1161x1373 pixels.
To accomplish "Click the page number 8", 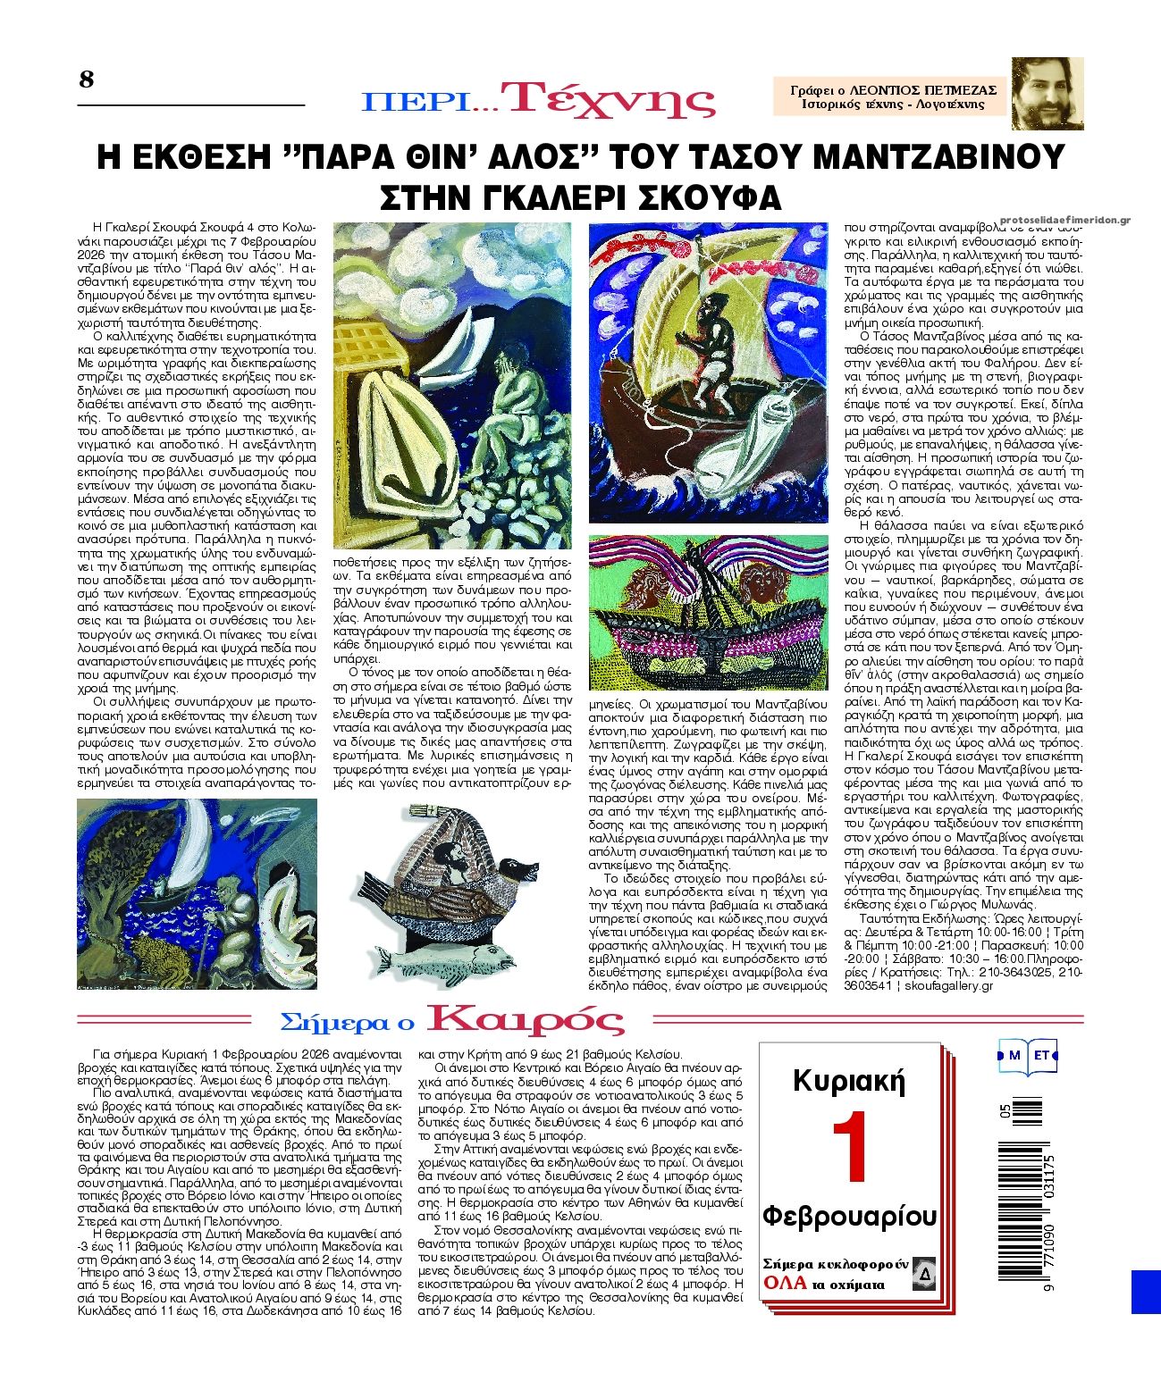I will tap(87, 80).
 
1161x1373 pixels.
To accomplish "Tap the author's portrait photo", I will tap(1047, 93).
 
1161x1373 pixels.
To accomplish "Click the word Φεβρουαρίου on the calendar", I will tap(849, 1216).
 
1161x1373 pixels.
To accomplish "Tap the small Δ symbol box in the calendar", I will tap(923, 1275).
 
